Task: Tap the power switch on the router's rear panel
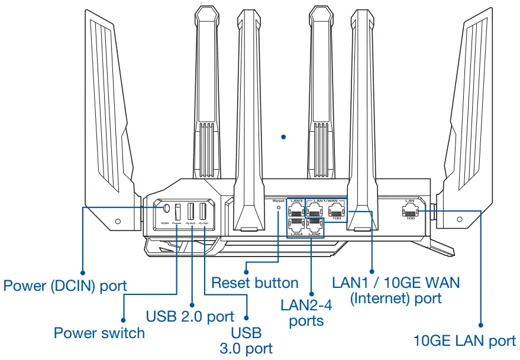pyautogui.click(x=178, y=212)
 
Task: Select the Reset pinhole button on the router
pyautogui.click(x=279, y=208)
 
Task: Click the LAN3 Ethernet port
pyautogui.click(x=297, y=210)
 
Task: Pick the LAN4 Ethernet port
pyautogui.click(x=297, y=225)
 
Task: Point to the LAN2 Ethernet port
pyautogui.click(x=315, y=225)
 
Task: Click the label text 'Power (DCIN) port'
pyautogui.click(x=65, y=286)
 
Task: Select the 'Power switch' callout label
pyautogui.click(x=99, y=333)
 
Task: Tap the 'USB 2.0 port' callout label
pyautogui.click(x=189, y=316)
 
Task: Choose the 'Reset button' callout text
pyautogui.click(x=255, y=283)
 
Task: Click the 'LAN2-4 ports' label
pyautogui.click(x=307, y=313)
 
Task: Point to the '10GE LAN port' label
pyautogui.click(x=464, y=340)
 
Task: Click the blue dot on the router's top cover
pyautogui.click(x=283, y=137)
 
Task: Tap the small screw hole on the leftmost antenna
pyautogui.click(x=118, y=221)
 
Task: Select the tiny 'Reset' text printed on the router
pyautogui.click(x=279, y=201)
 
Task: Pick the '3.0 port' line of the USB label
pyautogui.click(x=246, y=349)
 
